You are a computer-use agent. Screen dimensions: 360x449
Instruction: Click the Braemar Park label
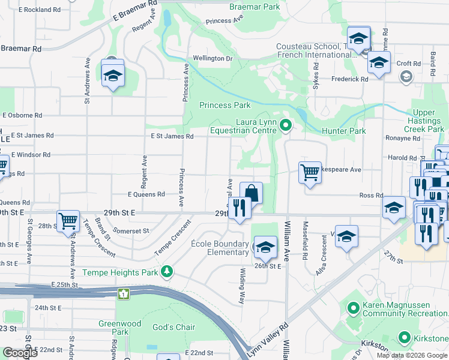(255, 7)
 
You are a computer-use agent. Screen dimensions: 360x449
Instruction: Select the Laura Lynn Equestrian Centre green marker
(286, 126)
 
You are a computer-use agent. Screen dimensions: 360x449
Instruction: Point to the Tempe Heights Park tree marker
(167, 272)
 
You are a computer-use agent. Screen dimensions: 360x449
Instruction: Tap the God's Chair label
(174, 327)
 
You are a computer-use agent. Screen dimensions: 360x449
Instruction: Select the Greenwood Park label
(120, 328)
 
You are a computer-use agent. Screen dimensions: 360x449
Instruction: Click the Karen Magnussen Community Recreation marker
(352, 309)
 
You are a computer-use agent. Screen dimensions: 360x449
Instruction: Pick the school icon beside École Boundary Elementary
(265, 247)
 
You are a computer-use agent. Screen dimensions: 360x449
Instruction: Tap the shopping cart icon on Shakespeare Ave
(310, 172)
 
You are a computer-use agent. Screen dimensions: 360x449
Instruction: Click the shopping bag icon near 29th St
(252, 193)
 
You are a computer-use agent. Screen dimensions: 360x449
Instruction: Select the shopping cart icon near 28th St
(68, 220)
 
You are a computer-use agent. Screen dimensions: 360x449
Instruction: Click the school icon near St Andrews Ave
(112, 76)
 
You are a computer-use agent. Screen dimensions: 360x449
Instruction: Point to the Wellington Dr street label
(212, 58)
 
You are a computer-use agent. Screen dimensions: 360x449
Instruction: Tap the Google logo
(20, 353)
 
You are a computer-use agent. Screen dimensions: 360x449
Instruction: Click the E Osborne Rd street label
(22, 115)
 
